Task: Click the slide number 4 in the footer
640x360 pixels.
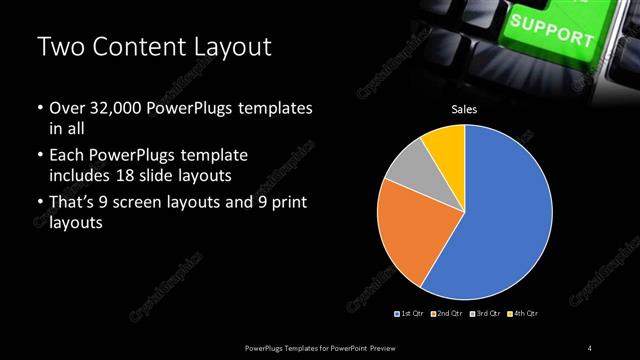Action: click(590, 347)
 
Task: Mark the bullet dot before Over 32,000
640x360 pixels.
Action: click(39, 107)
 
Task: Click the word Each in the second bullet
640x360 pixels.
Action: click(67, 156)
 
